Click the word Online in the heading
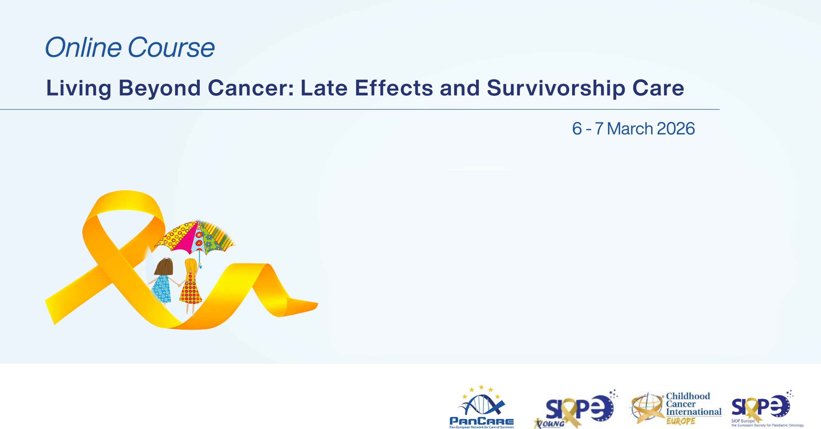click(x=83, y=47)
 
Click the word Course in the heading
click(x=171, y=47)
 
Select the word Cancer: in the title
click(x=251, y=88)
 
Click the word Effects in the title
click(x=394, y=88)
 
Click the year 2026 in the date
click(x=676, y=129)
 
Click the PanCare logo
click(x=482, y=406)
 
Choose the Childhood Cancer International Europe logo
click(x=676, y=408)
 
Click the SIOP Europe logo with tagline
click(x=767, y=409)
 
